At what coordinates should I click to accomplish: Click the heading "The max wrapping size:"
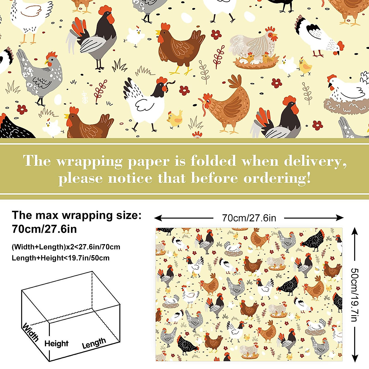tap(77, 215)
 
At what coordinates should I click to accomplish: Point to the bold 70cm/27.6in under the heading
tap(44, 229)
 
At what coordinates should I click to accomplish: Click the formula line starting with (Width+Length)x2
tap(66, 247)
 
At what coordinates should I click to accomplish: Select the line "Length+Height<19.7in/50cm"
tap(61, 258)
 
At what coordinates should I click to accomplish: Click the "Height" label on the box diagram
tap(56, 343)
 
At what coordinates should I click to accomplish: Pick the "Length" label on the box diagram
tap(94, 343)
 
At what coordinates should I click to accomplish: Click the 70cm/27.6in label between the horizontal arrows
tap(249, 218)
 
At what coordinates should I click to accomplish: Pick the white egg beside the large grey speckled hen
tap(58, 99)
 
